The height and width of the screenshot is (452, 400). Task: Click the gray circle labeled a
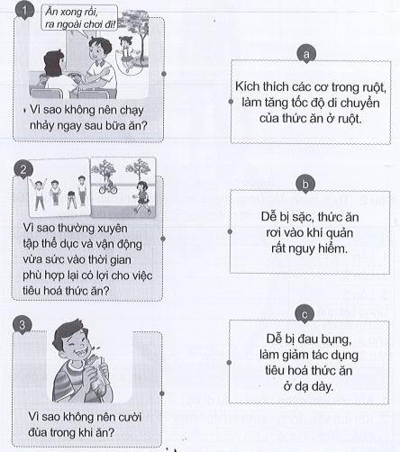coord(308,56)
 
